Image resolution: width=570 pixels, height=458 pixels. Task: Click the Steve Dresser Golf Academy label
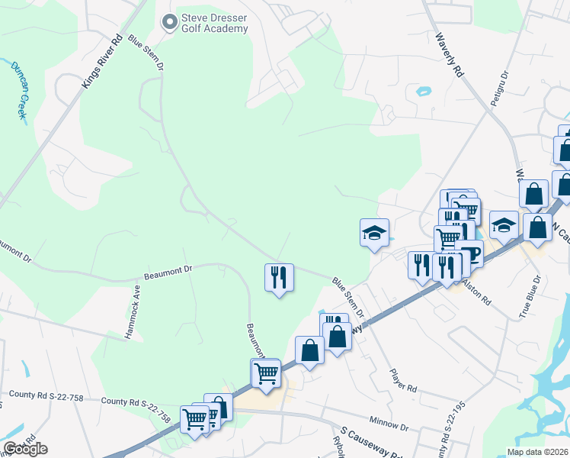tap(215, 23)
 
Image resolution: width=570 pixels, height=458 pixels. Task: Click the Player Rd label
tap(403, 379)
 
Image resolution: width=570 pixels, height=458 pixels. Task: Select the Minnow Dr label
tap(389, 421)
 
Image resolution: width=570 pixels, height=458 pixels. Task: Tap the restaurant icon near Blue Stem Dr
tap(279, 277)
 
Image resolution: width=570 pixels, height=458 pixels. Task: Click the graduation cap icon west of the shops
tap(374, 232)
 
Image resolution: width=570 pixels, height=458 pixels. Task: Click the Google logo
tap(25, 449)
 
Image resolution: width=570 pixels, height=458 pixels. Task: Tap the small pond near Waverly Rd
tap(423, 92)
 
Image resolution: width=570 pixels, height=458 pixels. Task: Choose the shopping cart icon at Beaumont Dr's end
tap(266, 374)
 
